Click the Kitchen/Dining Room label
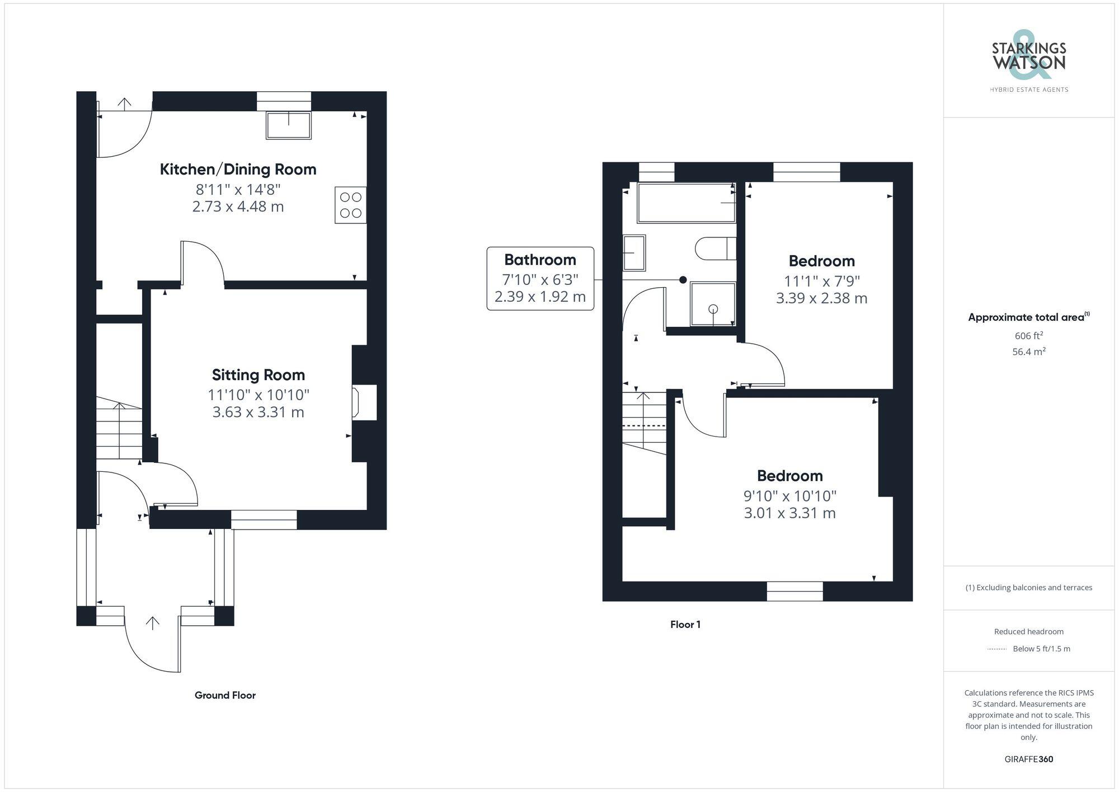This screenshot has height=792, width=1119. tap(238, 169)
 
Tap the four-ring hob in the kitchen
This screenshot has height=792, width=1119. tap(351, 205)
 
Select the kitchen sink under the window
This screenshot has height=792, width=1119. tap(289, 125)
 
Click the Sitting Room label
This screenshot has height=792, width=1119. tap(258, 374)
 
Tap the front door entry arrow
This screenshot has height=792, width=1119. tap(152, 623)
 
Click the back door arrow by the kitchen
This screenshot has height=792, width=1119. tap(124, 103)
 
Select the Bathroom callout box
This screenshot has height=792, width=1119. tap(540, 278)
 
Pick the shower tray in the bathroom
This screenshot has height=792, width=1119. tap(713, 304)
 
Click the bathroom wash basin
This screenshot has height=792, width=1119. tap(634, 253)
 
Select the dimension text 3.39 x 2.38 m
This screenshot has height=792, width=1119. tap(821, 298)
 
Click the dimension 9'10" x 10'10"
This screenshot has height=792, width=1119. tap(789, 495)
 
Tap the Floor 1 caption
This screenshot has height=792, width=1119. tap(685, 624)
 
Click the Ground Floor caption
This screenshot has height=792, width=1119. tap(225, 695)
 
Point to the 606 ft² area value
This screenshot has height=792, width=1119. tap(1028, 336)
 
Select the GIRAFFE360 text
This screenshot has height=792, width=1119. tap(1028, 759)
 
